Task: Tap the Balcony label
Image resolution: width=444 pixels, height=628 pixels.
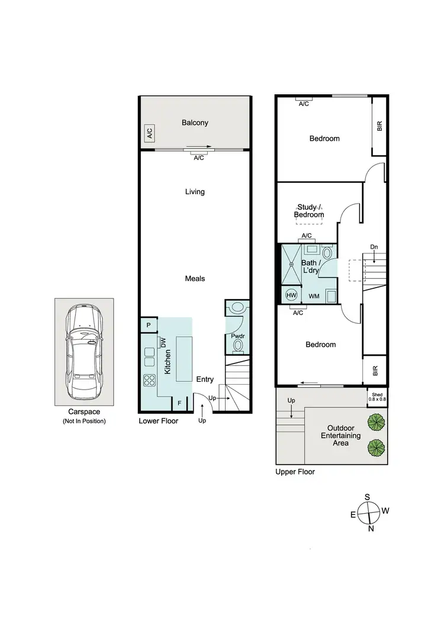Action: click(x=195, y=123)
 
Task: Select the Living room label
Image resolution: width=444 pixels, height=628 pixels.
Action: click(x=195, y=192)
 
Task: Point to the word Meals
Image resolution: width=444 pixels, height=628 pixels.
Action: click(x=194, y=278)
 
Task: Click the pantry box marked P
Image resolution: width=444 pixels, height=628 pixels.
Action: click(x=148, y=325)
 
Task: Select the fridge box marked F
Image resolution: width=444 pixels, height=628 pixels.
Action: click(x=179, y=404)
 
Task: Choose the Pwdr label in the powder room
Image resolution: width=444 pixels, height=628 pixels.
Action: click(x=237, y=336)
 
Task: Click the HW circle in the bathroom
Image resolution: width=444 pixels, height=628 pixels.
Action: click(x=291, y=295)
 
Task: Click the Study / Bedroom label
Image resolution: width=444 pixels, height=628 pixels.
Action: click(x=310, y=211)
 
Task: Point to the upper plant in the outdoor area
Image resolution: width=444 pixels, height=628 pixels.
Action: click(x=374, y=422)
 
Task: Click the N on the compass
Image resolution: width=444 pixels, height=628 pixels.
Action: click(x=371, y=529)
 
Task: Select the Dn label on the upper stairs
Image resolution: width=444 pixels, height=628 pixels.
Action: click(x=374, y=246)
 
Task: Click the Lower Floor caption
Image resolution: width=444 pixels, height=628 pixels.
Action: click(x=158, y=421)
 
